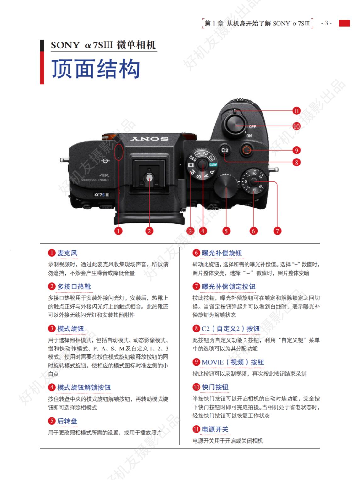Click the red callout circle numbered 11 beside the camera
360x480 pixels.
tap(296, 111)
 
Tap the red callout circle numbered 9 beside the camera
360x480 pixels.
tap(296, 150)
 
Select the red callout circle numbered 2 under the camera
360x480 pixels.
tap(149, 231)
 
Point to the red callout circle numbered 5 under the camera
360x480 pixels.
tap(226, 231)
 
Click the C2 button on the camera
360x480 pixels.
tap(225, 150)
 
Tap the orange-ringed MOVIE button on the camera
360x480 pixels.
tap(246, 150)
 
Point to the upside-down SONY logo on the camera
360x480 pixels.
tap(149, 139)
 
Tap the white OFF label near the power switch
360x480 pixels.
tap(252, 127)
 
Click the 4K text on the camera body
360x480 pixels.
tap(103, 175)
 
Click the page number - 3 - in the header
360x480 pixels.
tap(326, 23)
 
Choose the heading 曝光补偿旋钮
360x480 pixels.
tap(222, 253)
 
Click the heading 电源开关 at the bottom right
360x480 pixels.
tap(215, 429)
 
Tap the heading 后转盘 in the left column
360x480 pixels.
tap(67, 421)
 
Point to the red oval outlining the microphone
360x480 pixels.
tap(118, 153)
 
